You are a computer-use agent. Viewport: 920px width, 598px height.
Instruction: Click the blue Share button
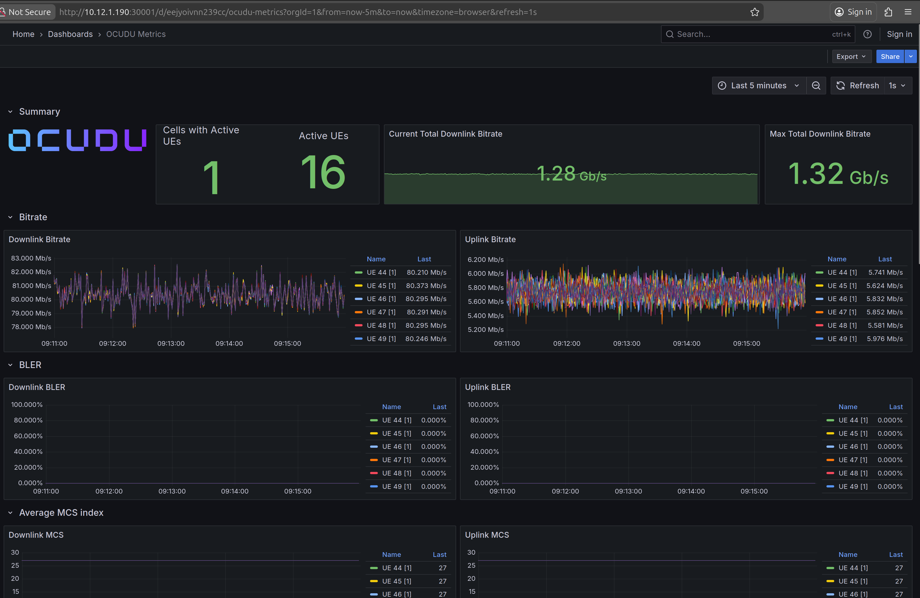pyautogui.click(x=889, y=56)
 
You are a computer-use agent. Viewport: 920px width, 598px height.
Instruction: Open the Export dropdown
pyautogui.click(x=851, y=56)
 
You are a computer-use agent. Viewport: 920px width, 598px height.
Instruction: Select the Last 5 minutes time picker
pyautogui.click(x=758, y=86)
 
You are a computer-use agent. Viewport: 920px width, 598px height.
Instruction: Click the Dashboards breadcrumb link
pyautogui.click(x=70, y=34)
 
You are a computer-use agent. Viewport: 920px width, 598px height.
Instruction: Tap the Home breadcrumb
pyautogui.click(x=23, y=34)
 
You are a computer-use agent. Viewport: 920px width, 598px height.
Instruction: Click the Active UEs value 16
pyautogui.click(x=323, y=172)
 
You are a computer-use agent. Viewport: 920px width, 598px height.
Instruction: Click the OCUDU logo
pyautogui.click(x=77, y=140)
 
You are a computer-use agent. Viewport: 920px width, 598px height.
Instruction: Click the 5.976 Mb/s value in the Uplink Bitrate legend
pyautogui.click(x=884, y=339)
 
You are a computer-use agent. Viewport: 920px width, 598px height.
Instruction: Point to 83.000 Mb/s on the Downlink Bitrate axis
pyautogui.click(x=31, y=258)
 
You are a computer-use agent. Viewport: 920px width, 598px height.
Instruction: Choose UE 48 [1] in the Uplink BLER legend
pyautogui.click(x=853, y=473)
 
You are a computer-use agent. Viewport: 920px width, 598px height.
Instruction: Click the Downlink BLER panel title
pyautogui.click(x=37, y=387)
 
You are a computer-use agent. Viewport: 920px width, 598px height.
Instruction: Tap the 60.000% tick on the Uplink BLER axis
pyautogui.click(x=484, y=436)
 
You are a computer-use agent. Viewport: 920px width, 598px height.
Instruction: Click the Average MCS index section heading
pyautogui.click(x=61, y=512)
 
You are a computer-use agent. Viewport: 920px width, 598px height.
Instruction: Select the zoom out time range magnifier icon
pyautogui.click(x=816, y=86)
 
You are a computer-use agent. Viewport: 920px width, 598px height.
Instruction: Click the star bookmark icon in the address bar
pyautogui.click(x=755, y=12)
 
